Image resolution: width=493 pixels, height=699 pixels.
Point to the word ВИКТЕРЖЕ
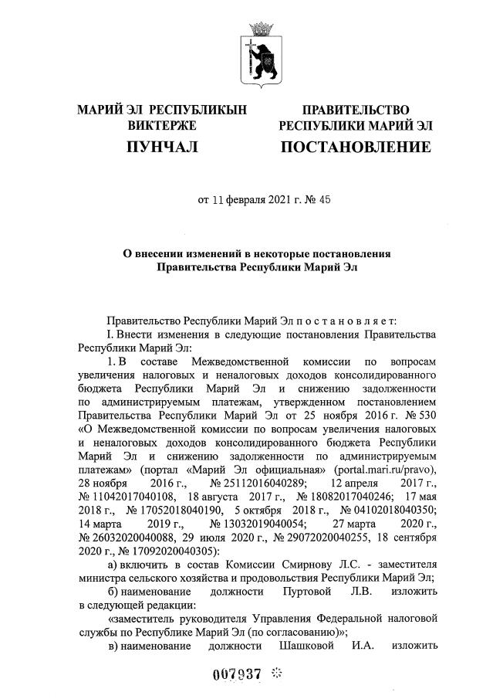162,125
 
